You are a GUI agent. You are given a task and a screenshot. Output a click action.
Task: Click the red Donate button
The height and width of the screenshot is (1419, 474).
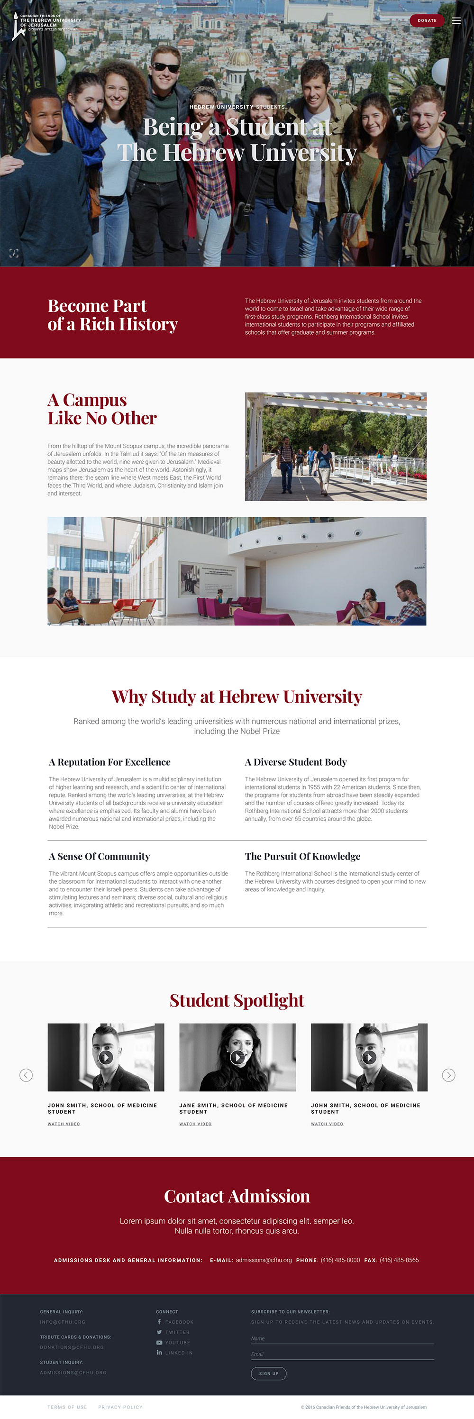427,20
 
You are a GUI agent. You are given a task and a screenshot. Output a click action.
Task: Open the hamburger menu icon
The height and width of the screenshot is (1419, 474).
456,20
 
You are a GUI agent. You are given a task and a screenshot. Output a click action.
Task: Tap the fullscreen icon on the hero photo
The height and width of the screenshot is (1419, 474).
14,253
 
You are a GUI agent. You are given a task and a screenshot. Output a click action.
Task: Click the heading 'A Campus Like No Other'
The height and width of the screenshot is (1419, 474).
102,409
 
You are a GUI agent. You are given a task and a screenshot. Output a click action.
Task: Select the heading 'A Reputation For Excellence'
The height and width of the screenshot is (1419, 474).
109,762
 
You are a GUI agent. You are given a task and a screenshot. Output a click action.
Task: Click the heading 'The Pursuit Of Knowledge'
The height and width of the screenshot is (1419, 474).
302,856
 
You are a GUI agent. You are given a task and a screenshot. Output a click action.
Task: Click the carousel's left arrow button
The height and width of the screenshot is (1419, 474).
26,1075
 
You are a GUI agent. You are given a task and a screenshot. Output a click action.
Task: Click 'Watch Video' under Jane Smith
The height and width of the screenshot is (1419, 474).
195,1124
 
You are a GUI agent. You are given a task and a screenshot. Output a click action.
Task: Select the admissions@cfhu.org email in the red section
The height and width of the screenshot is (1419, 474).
264,1260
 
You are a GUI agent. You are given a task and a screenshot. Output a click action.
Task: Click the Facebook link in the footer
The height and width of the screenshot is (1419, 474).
179,1321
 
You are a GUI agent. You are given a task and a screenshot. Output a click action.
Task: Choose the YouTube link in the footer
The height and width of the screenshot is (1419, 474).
177,1342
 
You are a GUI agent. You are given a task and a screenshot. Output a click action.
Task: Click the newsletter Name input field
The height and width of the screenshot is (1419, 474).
342,1338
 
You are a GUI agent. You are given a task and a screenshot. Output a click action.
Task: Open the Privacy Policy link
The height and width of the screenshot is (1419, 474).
120,1407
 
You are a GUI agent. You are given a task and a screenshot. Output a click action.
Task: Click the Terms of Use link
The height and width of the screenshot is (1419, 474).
67,1407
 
